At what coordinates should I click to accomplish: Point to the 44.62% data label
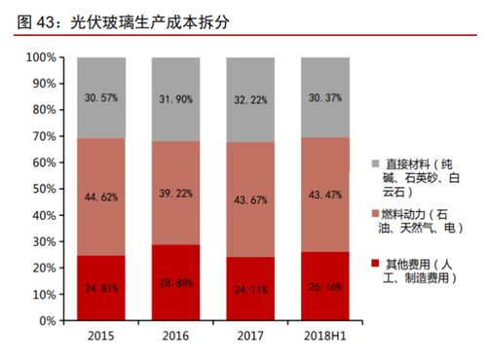tap(102, 197)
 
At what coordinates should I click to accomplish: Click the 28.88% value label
tap(176, 283)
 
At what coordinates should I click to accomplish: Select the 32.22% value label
tap(250, 100)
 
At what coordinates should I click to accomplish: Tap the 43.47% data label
tap(325, 197)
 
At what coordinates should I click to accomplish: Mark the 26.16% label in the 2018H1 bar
tap(325, 287)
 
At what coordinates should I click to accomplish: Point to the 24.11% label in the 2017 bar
tap(250, 289)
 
